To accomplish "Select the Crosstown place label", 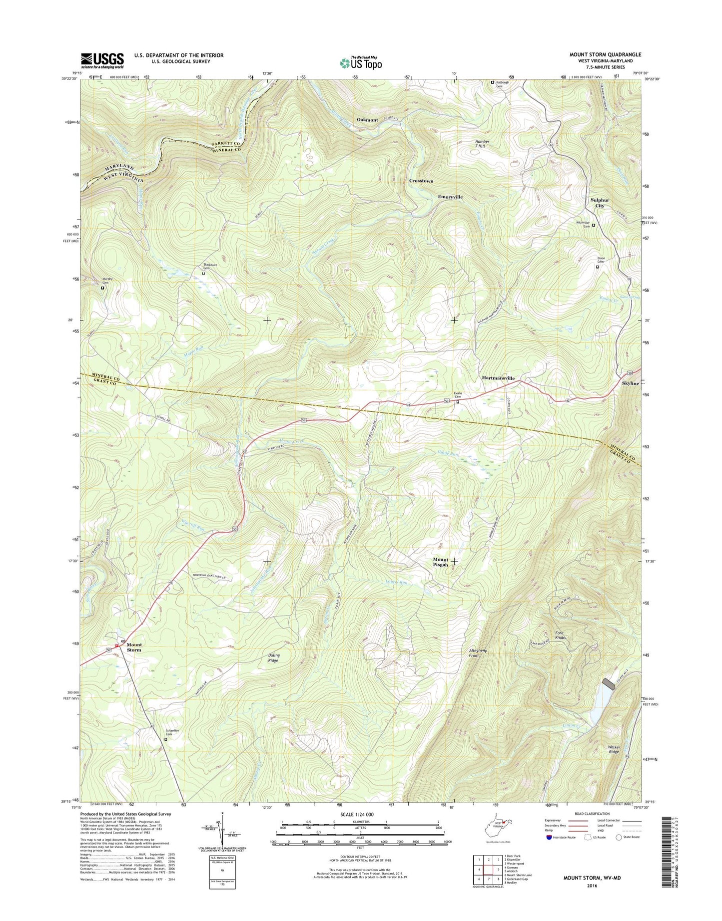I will [421, 180].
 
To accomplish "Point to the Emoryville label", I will [450, 197].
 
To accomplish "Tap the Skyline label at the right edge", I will [630, 383].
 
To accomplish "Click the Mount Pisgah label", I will [440, 562].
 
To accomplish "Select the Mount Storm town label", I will [133, 647].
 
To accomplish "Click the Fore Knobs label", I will [560, 635].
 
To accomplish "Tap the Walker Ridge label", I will [614, 749].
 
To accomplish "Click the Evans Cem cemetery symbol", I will [457, 400].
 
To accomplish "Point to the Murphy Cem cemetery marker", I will [103, 288].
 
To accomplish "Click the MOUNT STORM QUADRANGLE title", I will [605, 54].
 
